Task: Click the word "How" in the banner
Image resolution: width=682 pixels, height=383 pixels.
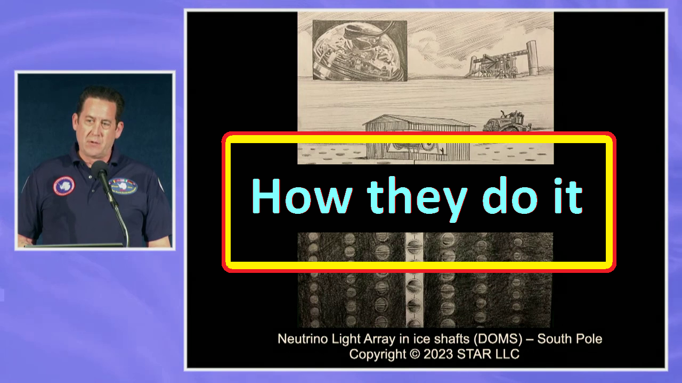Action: (x=302, y=196)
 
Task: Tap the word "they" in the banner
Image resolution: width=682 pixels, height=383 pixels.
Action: (x=417, y=199)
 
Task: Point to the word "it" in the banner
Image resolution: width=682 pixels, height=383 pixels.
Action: (x=568, y=196)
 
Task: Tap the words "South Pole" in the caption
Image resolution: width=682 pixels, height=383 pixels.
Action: (x=570, y=339)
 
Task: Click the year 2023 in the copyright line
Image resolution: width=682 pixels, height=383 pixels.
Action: (x=438, y=354)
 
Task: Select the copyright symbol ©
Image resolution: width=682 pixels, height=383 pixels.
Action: (x=415, y=354)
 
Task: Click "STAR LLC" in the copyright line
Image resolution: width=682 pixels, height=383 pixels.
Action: (x=488, y=354)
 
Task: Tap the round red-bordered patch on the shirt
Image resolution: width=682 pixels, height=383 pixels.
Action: (x=63, y=186)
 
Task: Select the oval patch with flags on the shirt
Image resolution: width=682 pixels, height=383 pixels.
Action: (x=123, y=186)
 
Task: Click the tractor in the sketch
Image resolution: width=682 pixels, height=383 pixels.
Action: (x=507, y=122)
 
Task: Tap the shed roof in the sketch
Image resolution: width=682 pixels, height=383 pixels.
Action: (x=419, y=121)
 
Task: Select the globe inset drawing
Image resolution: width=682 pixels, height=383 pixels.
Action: (x=360, y=51)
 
